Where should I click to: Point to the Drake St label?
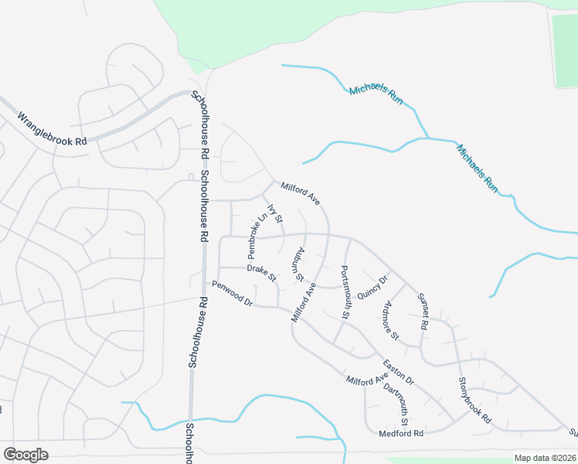coord(261,273)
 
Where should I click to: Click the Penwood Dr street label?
coord(233,294)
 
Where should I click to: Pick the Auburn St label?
coord(296,264)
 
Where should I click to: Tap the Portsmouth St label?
coord(346,292)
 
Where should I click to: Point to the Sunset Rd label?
coord(422,311)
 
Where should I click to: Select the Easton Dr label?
coord(399,372)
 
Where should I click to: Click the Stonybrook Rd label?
coord(474,399)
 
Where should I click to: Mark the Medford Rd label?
coord(401,434)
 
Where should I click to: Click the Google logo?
coord(25,455)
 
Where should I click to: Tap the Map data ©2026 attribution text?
coord(545,458)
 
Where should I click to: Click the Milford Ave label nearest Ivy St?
coord(301,193)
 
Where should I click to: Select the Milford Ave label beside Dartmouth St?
coord(366,380)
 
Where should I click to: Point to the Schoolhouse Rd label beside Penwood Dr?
coord(195,333)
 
